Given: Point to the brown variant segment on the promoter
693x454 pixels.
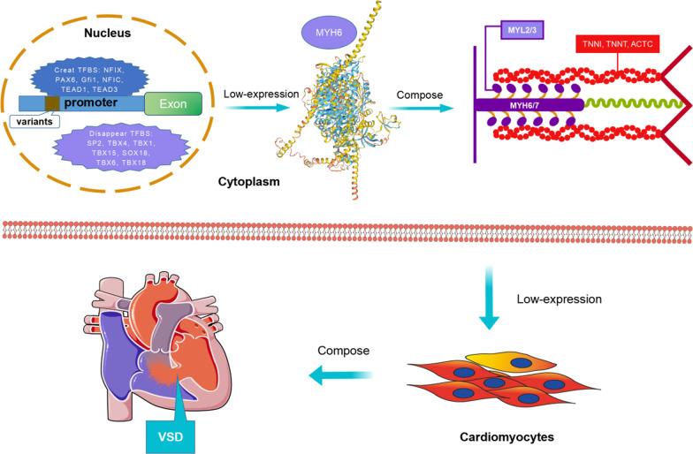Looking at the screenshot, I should click(x=52, y=104).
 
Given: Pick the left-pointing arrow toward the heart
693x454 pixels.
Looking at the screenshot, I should click(x=336, y=376).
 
